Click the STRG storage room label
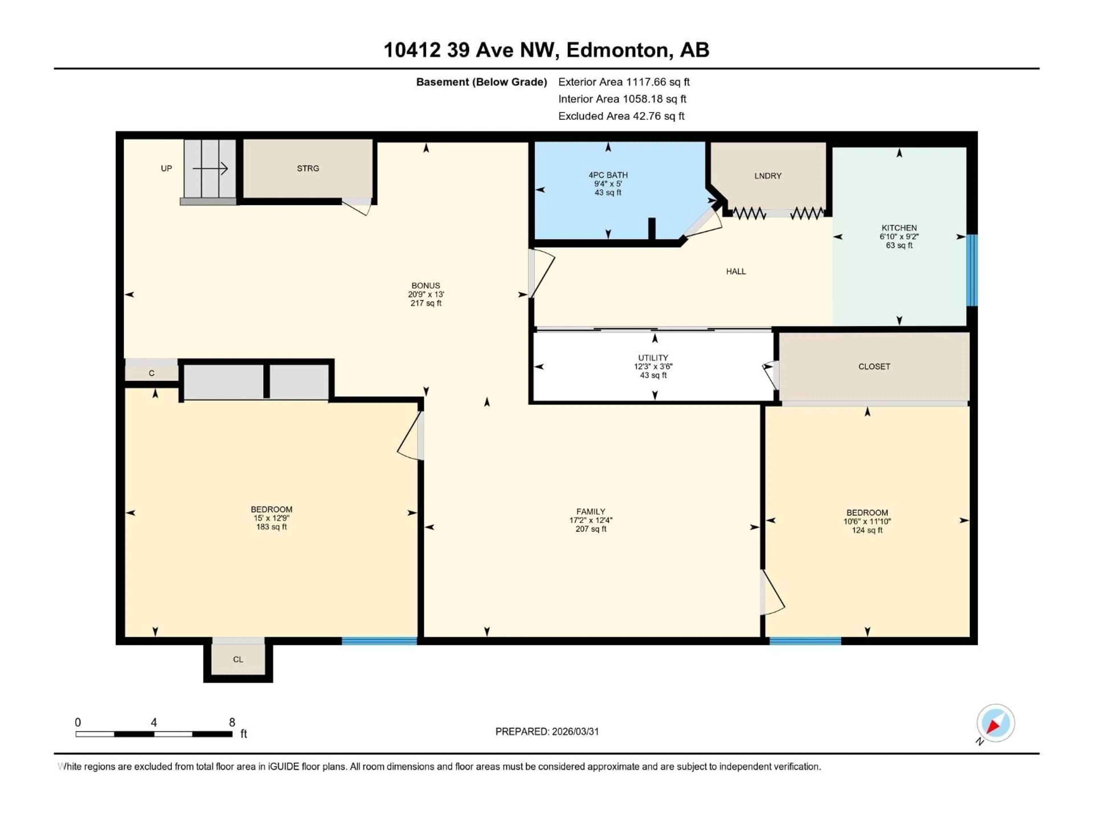coord(308,169)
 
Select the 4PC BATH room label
coord(608,175)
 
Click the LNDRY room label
coord(768,176)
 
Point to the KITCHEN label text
coord(899,228)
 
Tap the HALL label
coord(735,271)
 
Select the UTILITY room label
coord(653,358)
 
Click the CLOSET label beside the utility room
coord(874,367)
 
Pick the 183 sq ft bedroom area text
coord(271,527)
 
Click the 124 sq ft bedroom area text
coord(866,530)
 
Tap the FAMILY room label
coord(591,512)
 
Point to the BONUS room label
coord(425,286)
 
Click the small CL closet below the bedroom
coord(238,659)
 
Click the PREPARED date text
coord(547,731)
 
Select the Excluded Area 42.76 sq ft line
coord(621,116)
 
